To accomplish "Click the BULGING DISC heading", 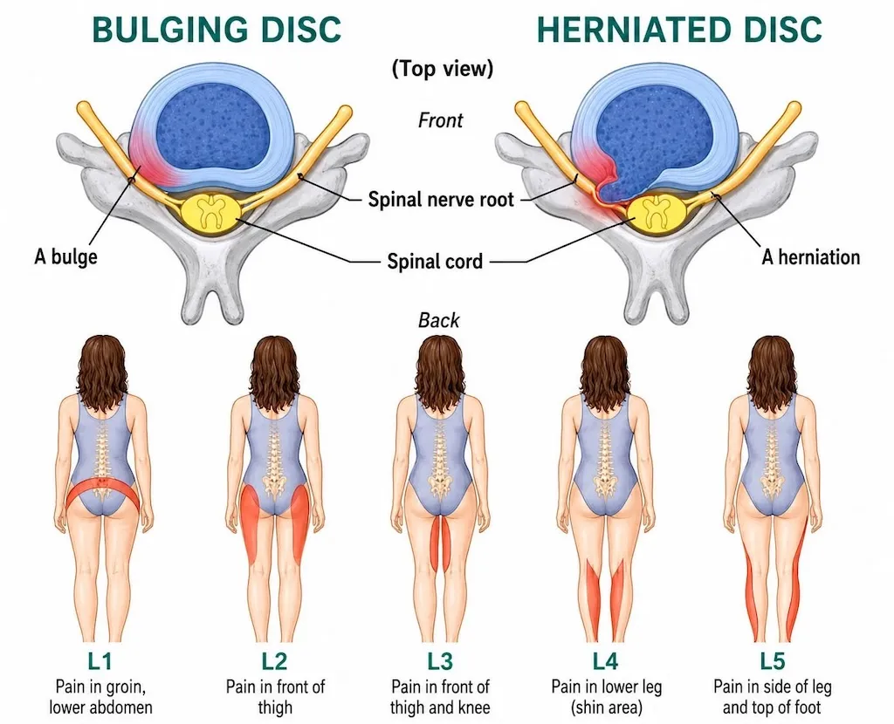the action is [217, 29].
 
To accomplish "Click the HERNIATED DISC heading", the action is [679, 29].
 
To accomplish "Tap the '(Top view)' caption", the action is [443, 69].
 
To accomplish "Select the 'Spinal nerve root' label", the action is [441, 200].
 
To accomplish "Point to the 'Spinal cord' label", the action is [435, 262].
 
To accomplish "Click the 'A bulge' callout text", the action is [65, 257].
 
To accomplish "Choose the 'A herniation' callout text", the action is [810, 257].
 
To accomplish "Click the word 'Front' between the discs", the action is [440, 120].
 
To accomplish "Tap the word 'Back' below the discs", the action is [438, 320].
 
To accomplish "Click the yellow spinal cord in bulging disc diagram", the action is [210, 213].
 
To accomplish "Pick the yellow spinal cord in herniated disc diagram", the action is [657, 214].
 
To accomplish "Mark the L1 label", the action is [100, 661].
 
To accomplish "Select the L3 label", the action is [440, 661].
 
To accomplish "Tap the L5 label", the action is [772, 661].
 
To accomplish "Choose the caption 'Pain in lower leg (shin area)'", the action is [606, 697].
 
